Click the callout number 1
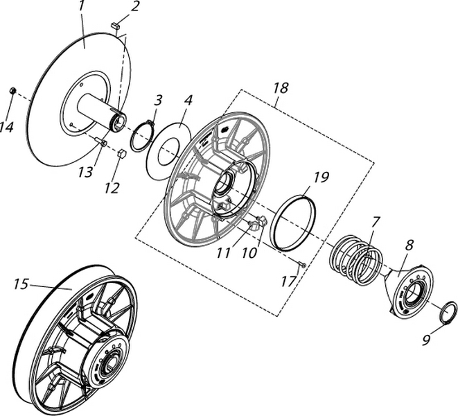pos(81,6)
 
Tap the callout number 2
pos(134,6)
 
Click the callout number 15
pos(21,283)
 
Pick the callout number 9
pos(427,340)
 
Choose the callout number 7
pos(376,223)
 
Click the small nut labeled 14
pos(12,91)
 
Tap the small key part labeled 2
pos(116,26)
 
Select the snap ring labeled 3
pos(141,135)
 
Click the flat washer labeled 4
pos(166,151)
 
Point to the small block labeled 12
pos(121,153)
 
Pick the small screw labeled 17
pos(303,264)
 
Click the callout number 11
pos(222,253)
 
